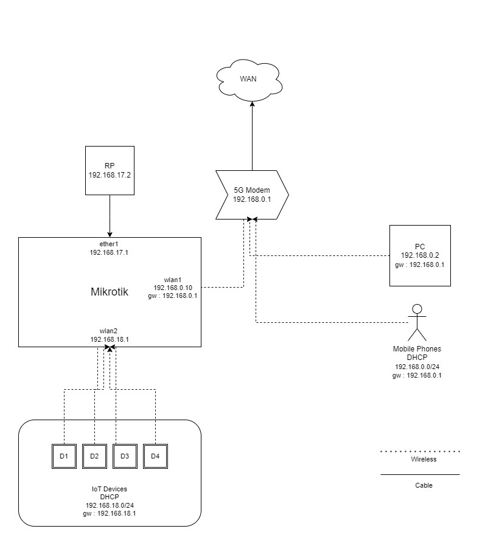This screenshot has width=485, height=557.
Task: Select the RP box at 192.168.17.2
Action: pos(110,170)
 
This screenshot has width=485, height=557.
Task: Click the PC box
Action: pos(420,255)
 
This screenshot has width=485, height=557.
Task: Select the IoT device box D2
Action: pos(94,456)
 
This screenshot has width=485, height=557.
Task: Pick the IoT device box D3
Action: pos(125,456)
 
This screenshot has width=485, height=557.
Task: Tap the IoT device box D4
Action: pos(155,456)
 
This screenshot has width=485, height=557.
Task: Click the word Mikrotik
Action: pos(110,292)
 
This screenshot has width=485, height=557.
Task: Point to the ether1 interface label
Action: pos(110,243)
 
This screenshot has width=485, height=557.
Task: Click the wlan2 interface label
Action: pos(110,331)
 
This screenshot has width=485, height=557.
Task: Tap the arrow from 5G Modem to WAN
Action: pos(251,137)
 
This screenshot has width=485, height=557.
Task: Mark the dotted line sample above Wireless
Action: pos(420,452)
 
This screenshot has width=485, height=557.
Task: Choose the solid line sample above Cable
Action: pos(420,474)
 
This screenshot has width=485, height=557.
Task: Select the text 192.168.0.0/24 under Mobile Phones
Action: pos(417,367)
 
